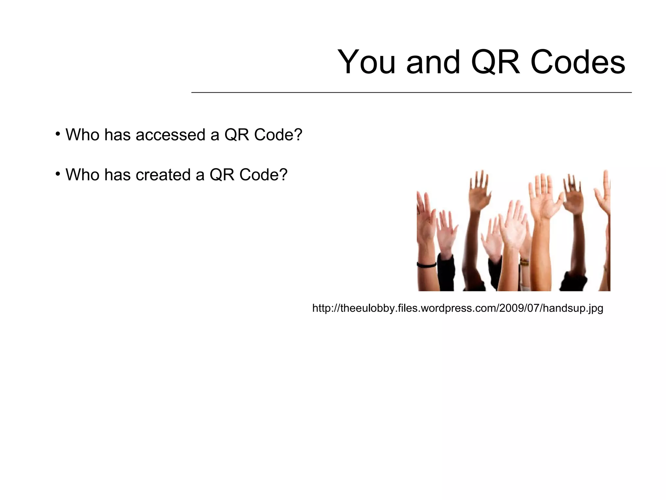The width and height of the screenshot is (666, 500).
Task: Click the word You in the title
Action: point(366,62)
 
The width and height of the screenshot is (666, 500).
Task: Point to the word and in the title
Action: point(433,62)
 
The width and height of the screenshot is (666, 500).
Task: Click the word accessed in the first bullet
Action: point(170,135)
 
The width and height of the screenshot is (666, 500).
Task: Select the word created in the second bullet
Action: point(163,175)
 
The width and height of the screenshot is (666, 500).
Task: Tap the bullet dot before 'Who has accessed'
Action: point(58,134)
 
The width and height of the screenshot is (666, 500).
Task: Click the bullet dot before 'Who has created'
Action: point(58,174)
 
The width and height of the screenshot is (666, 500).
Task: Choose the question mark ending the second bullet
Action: point(283,175)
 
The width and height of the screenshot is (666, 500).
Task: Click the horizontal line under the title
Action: point(411,93)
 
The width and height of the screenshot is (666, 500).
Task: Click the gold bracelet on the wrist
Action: point(524,262)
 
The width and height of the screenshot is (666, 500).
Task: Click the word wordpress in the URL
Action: point(443,308)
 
